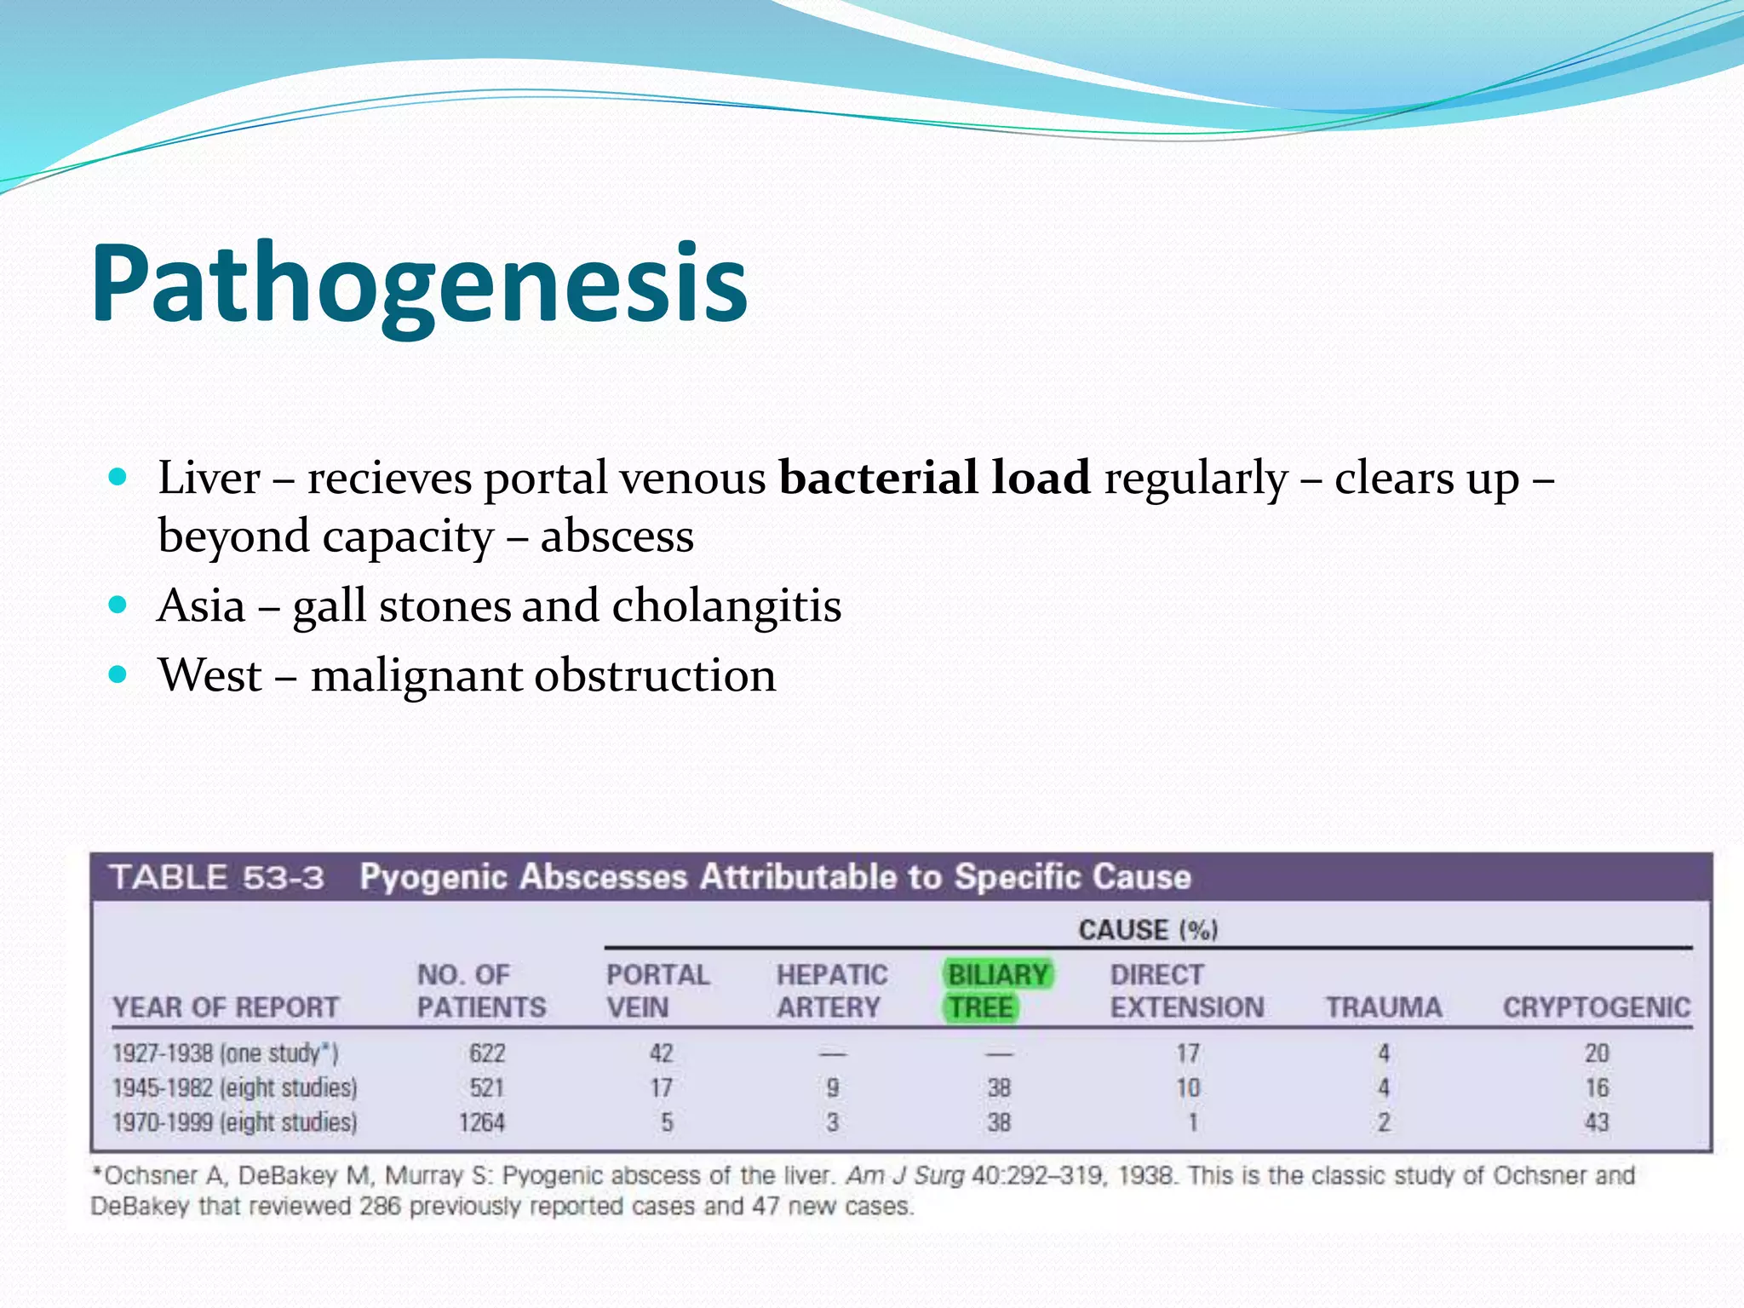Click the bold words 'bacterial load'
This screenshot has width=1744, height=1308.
click(x=934, y=477)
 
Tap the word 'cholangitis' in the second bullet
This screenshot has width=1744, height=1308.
click(x=726, y=605)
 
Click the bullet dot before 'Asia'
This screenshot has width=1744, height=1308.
click(x=118, y=605)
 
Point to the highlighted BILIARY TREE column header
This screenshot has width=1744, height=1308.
click(x=998, y=991)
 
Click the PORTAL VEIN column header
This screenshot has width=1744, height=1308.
click(x=657, y=991)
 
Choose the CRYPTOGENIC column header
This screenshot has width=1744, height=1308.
click(x=1596, y=1007)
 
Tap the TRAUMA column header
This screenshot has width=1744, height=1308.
click(x=1384, y=1007)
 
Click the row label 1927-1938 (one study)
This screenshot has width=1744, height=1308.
click(x=226, y=1053)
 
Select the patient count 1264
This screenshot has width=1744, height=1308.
click(x=482, y=1122)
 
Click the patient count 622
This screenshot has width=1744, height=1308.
click(x=487, y=1053)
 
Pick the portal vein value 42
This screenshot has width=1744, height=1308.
click(x=662, y=1053)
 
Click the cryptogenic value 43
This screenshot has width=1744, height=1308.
click(x=1597, y=1122)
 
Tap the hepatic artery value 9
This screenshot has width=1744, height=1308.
click(x=832, y=1087)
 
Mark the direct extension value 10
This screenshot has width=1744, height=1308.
click(x=1188, y=1087)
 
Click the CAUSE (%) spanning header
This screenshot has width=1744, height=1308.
click(x=1148, y=930)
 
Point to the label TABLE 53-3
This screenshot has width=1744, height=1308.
click(x=217, y=877)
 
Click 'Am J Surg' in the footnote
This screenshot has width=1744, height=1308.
click(x=904, y=1176)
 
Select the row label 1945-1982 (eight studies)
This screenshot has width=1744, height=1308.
click(x=235, y=1087)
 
